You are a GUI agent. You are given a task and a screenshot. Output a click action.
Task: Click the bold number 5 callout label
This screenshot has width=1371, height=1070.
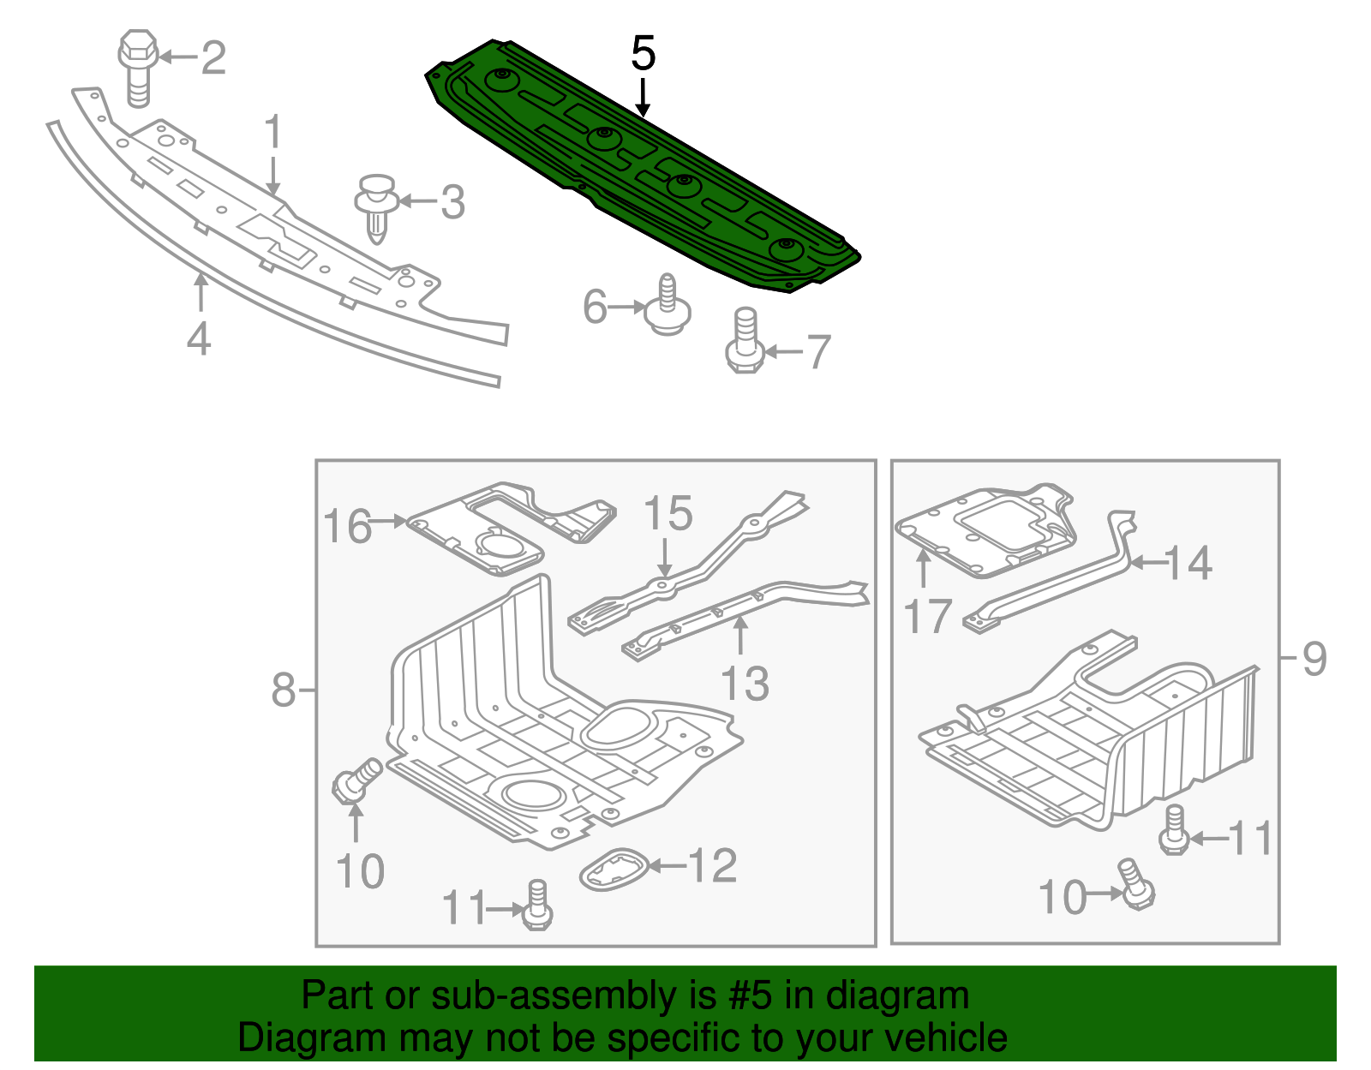tap(643, 54)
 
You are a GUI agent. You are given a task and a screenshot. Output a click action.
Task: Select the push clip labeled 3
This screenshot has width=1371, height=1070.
tap(376, 206)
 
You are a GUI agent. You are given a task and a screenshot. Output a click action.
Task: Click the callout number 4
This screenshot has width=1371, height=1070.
tap(198, 339)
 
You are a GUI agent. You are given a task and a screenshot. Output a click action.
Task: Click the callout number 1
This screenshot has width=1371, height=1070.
tap(272, 133)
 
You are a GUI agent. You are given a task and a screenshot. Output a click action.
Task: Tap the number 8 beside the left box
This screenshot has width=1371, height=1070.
tap(284, 690)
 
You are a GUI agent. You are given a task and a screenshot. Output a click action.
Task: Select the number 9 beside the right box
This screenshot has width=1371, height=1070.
tap(1314, 659)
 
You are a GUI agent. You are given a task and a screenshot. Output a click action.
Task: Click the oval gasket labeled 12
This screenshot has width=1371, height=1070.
tap(614, 870)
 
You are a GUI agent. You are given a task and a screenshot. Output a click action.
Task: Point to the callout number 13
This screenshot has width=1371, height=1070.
tap(744, 684)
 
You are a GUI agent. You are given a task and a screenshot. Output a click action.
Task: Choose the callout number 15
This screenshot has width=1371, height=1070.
tap(668, 514)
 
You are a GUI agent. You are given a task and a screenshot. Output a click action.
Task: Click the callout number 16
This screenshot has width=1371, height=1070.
tap(347, 526)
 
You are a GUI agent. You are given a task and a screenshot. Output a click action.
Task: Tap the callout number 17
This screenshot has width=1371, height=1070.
tap(927, 617)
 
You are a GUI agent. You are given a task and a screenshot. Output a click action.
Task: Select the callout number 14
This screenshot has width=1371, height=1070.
tap(1188, 563)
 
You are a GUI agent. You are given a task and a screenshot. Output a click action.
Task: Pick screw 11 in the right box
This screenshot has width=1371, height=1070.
tap(1174, 829)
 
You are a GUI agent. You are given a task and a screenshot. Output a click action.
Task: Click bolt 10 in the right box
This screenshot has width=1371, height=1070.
tap(1135, 885)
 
